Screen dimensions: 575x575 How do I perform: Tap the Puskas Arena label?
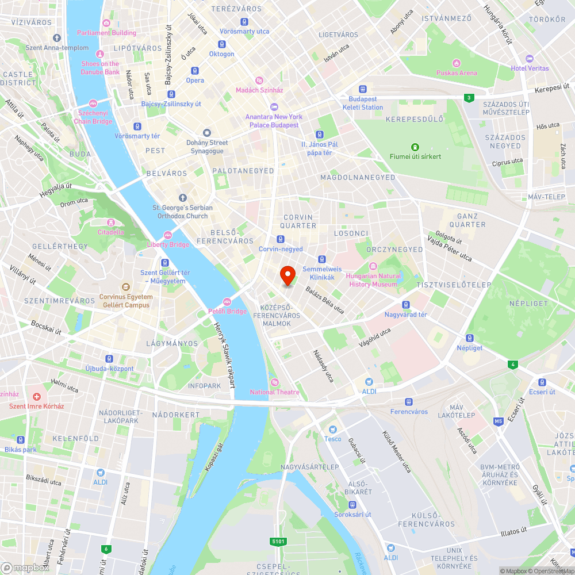[457, 73]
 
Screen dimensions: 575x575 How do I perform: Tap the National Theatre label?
[275, 392]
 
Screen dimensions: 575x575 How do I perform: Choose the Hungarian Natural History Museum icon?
[373, 266]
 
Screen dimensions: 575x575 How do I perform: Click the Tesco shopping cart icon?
[332, 430]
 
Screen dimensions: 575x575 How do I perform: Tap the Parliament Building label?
[106, 33]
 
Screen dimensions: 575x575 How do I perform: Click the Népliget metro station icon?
[470, 338]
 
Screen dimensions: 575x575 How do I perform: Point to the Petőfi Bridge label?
[228, 311]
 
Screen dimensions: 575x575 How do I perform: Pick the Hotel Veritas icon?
[530, 59]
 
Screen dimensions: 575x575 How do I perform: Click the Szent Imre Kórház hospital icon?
[37, 397]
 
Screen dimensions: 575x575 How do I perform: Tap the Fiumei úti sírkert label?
[415, 156]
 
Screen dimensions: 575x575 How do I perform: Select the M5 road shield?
[498, 422]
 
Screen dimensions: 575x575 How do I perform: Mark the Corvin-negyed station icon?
[281, 239]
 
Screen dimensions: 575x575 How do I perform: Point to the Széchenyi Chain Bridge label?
[93, 118]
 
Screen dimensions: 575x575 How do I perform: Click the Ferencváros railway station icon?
[409, 402]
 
